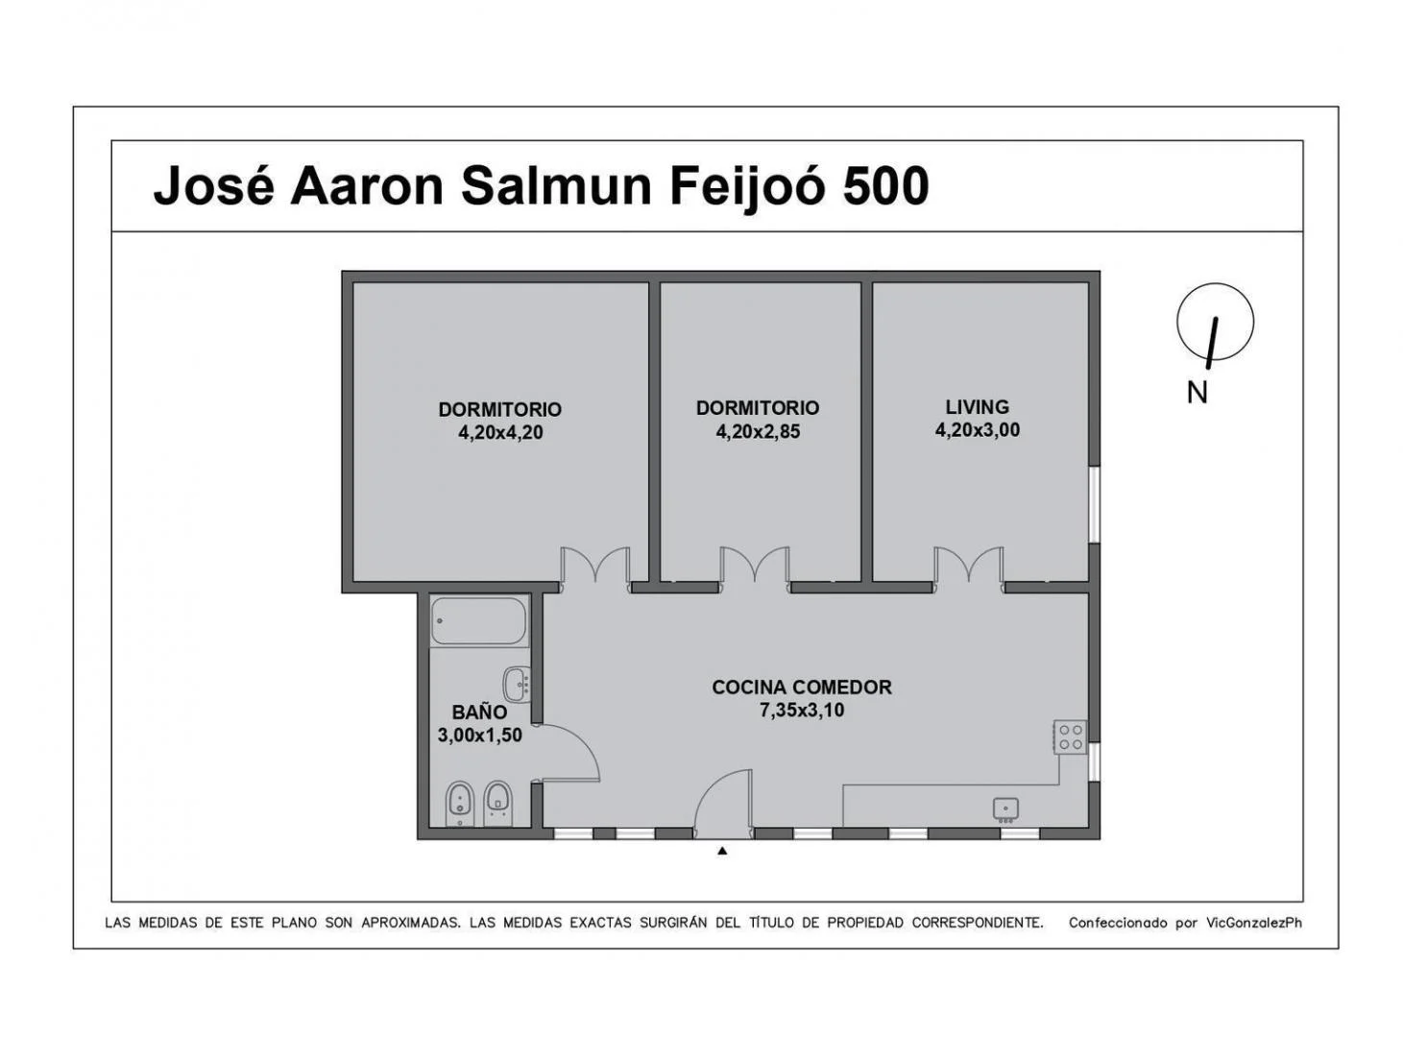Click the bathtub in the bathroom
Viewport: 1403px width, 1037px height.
pyautogui.click(x=479, y=620)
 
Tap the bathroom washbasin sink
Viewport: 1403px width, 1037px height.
pyautogui.click(x=518, y=684)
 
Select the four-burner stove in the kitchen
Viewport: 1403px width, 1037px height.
pyautogui.click(x=1070, y=736)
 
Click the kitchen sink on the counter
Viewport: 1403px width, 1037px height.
pyautogui.click(x=1005, y=809)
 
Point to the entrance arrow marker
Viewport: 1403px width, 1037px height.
pyautogui.click(x=722, y=851)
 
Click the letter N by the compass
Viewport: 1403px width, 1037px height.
pyautogui.click(x=1197, y=393)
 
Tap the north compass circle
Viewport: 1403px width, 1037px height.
pyautogui.click(x=1215, y=322)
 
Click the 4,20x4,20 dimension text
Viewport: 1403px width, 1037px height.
pyautogui.click(x=500, y=433)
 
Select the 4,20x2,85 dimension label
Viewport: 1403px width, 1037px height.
pyautogui.click(x=758, y=431)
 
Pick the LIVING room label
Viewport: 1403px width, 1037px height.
pyautogui.click(x=978, y=406)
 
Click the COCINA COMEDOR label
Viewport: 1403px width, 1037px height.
pyautogui.click(x=802, y=687)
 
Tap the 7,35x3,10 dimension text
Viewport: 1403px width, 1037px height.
pyautogui.click(x=802, y=711)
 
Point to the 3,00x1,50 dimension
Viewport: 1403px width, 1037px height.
pyautogui.click(x=479, y=736)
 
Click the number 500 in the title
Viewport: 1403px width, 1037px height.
pyautogui.click(x=885, y=186)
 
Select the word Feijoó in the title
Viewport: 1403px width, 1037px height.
pyautogui.click(x=748, y=188)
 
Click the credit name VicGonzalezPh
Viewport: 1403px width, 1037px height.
pyautogui.click(x=1254, y=923)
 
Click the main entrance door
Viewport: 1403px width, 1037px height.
pyautogui.click(x=724, y=804)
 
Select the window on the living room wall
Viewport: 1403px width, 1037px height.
pyautogui.click(x=1094, y=504)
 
